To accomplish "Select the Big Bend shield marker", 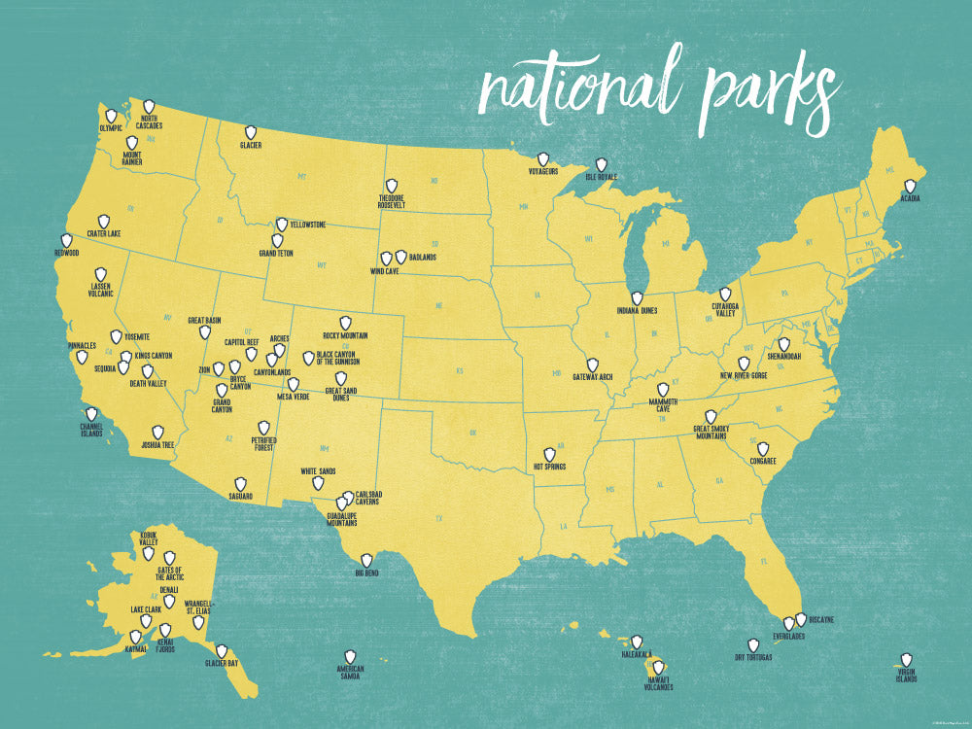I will (366, 561).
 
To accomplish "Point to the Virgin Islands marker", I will (907, 659).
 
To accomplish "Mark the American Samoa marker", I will (350, 657).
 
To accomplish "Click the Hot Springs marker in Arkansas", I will (549, 454).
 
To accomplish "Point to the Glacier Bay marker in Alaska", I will (222, 651).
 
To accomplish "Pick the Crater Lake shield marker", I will (103, 222).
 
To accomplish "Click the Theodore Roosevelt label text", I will (392, 202).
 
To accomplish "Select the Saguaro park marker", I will (240, 483).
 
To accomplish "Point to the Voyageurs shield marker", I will (542, 158).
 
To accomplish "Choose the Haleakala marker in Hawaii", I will (637, 642).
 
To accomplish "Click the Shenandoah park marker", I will (783, 345).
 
